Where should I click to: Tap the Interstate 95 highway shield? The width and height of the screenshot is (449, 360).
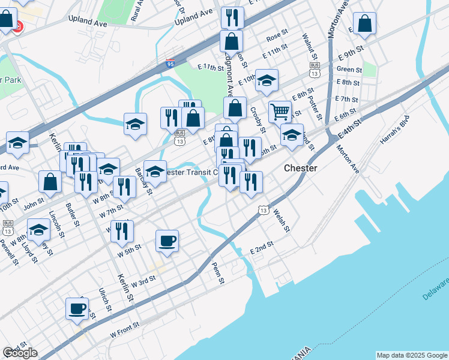click(171, 61)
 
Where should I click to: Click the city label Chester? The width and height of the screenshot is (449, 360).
click(300, 169)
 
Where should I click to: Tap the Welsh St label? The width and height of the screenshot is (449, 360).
click(282, 221)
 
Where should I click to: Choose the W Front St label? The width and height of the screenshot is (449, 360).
click(125, 328)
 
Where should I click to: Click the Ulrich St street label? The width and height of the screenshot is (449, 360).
click(105, 299)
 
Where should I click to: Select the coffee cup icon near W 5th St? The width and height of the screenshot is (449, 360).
click(167, 241)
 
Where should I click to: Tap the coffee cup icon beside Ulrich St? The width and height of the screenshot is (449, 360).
click(77, 308)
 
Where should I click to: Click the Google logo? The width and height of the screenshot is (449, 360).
click(20, 353)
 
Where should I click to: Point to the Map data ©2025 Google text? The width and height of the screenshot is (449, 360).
click(412, 355)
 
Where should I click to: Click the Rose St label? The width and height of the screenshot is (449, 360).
click(277, 38)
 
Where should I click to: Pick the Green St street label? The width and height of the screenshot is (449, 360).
click(349, 69)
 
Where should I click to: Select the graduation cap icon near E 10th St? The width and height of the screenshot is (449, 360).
click(267, 80)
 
